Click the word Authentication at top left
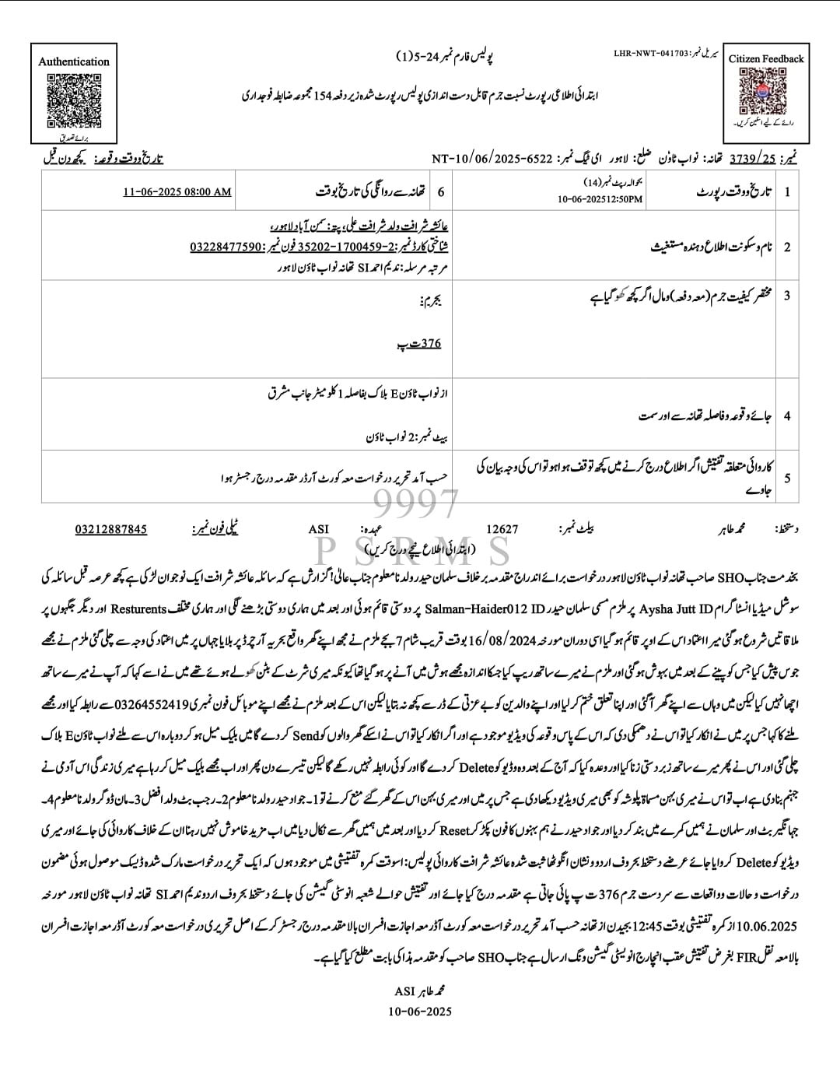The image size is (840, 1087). (74, 61)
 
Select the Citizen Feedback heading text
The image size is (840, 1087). (766, 58)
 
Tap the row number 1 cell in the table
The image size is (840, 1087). (787, 191)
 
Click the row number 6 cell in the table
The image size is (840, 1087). (442, 191)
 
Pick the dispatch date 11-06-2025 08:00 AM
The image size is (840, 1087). (177, 191)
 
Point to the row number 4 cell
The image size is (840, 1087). (787, 416)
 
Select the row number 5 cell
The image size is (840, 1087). (787, 476)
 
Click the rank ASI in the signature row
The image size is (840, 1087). (319, 529)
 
